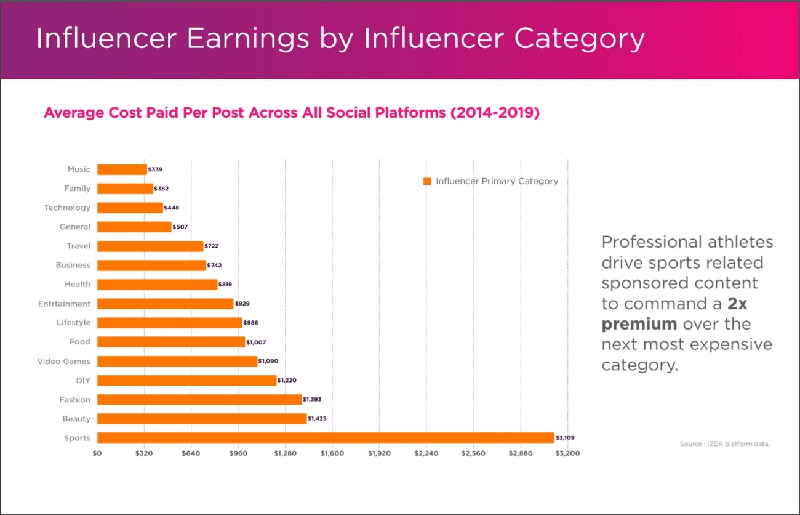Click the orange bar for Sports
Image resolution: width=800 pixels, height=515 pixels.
tap(326, 438)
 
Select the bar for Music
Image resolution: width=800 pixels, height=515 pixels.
tap(122, 169)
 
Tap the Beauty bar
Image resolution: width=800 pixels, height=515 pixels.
tap(202, 419)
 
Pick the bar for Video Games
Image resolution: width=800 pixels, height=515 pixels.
tap(177, 361)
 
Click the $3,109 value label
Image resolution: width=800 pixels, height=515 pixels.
tap(565, 438)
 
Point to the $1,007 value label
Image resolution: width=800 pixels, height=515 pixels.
tap(256, 342)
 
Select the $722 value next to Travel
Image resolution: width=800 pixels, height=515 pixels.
tap(211, 246)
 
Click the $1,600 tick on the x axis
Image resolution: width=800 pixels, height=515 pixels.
tap(332, 453)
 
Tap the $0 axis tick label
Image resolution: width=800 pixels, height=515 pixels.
tap(97, 453)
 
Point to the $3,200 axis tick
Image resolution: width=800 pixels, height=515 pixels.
tap(567, 453)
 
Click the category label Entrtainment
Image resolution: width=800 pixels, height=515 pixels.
tap(64, 304)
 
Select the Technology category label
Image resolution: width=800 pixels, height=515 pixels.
tap(67, 208)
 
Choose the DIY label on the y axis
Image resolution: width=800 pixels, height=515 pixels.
tap(83, 381)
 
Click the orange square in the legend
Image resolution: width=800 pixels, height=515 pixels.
tap(427, 181)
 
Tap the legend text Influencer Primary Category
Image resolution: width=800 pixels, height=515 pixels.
tap(497, 181)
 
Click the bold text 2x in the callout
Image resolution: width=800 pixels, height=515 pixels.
tap(737, 304)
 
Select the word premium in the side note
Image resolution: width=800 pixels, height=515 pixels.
tap(639, 324)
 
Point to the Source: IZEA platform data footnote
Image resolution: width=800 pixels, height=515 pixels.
tap(725, 444)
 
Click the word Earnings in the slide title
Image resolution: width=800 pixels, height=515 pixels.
tap(248, 38)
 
